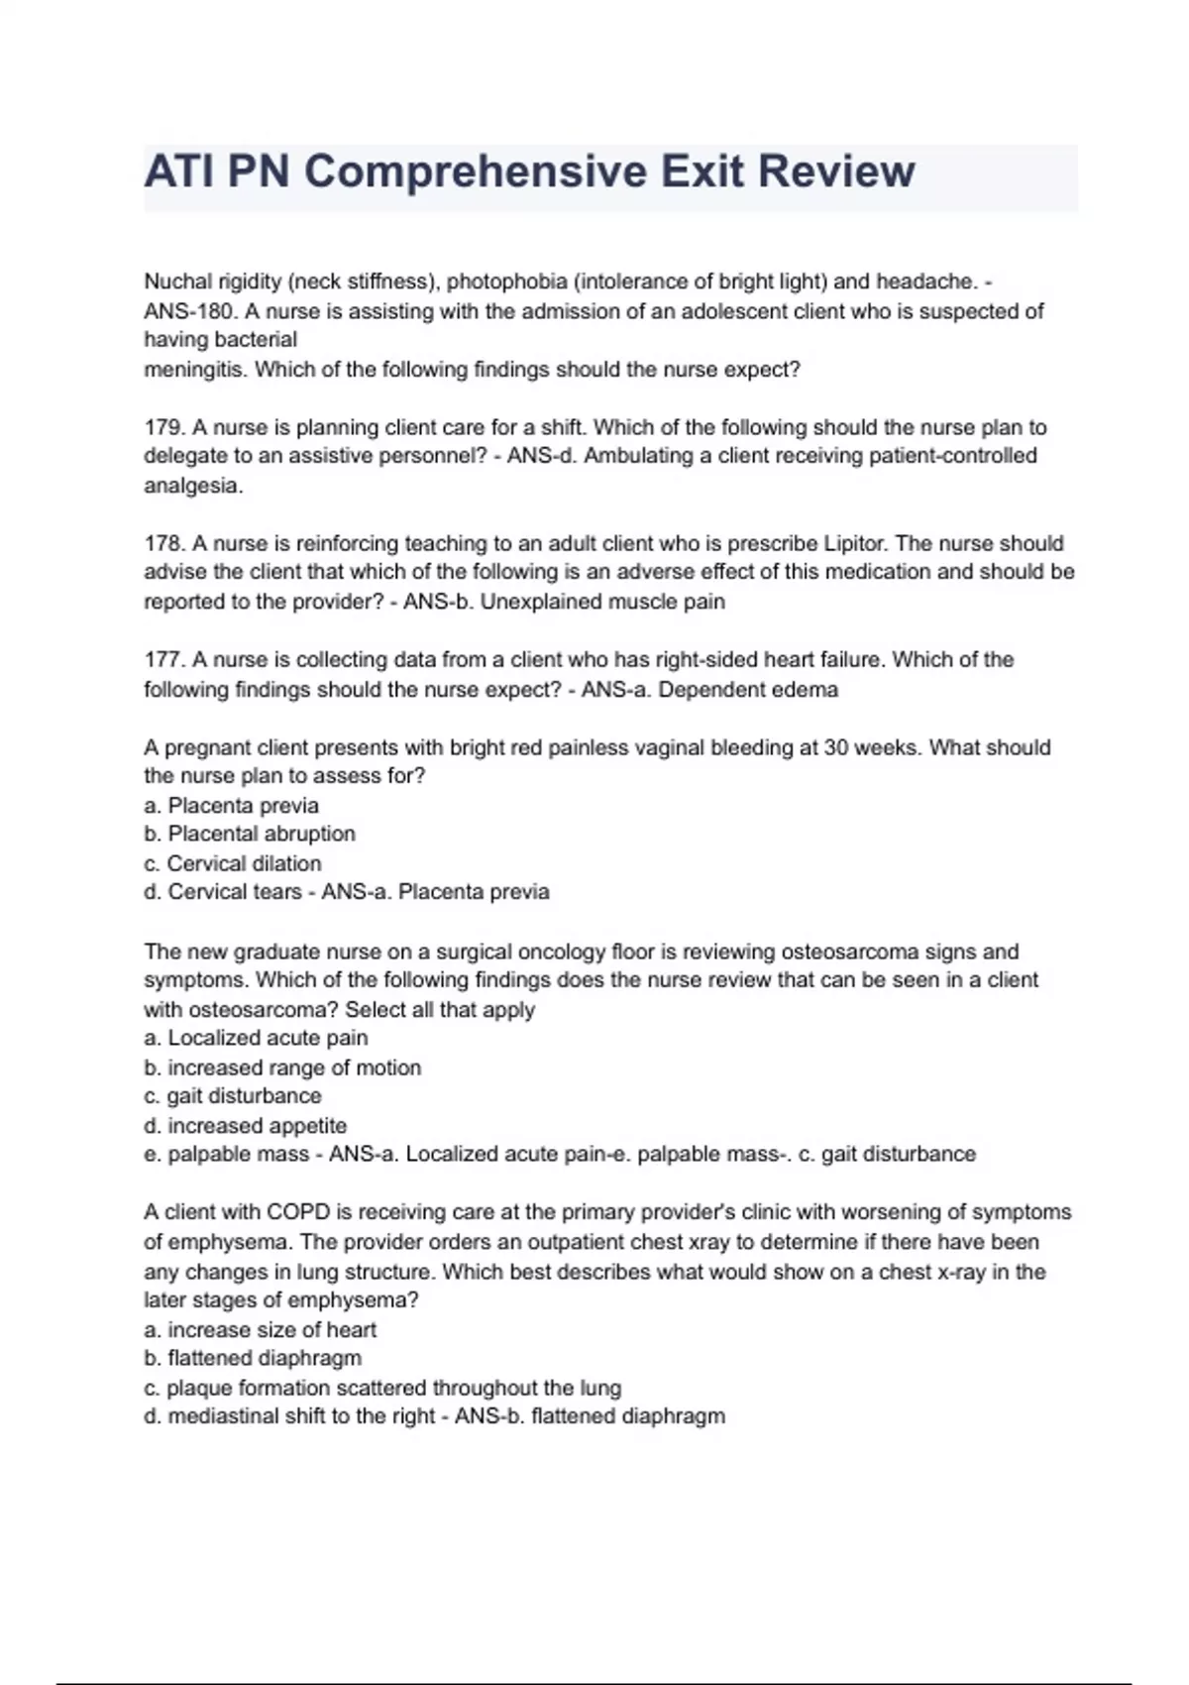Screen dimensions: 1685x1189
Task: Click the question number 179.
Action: [x=163, y=427]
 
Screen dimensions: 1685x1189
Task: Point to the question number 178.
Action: [x=163, y=543]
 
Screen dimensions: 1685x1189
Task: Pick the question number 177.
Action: [x=163, y=659]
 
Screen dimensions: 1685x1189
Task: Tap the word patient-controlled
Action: [x=952, y=456]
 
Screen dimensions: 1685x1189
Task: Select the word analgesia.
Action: [x=192, y=486]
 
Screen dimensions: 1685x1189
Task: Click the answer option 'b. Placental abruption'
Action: [x=250, y=834]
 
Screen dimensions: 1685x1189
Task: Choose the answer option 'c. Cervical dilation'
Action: [x=233, y=863]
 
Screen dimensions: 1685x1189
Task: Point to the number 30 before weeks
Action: [x=836, y=747]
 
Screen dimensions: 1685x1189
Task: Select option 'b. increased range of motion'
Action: [x=282, y=1067]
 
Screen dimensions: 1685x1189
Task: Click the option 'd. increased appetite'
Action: [x=246, y=1126]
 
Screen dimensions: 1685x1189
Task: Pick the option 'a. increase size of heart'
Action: [x=260, y=1329]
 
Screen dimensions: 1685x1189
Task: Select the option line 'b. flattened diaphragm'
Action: [x=253, y=1358]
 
